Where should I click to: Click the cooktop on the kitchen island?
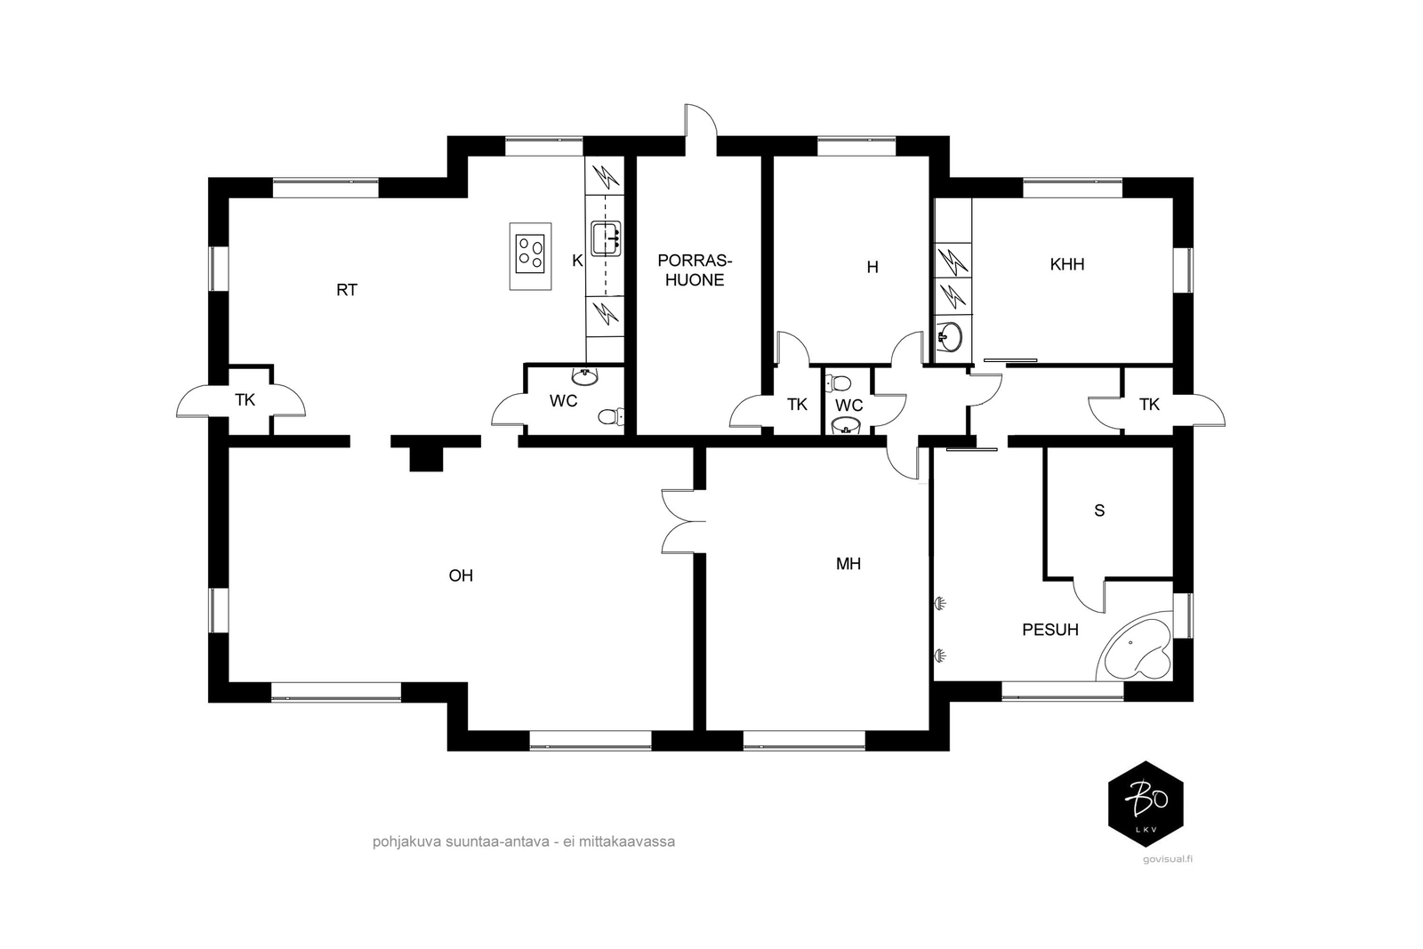click(x=530, y=254)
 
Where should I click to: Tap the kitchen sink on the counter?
click(x=606, y=239)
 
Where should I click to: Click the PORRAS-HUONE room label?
click(x=695, y=270)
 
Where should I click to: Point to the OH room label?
click(x=461, y=575)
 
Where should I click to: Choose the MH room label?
click(x=848, y=563)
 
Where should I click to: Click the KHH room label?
click(x=1067, y=264)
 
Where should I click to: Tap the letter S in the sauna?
click(x=1099, y=510)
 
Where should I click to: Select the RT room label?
click(x=347, y=290)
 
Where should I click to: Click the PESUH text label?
click(x=1050, y=630)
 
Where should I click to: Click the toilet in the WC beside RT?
click(x=611, y=417)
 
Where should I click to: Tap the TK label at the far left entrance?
click(x=245, y=399)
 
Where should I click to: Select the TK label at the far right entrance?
click(x=1149, y=404)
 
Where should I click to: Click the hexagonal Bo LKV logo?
click(x=1146, y=803)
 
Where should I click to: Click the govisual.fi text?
click(x=1167, y=859)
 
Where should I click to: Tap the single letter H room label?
click(x=872, y=268)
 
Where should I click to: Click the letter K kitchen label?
click(x=577, y=261)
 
